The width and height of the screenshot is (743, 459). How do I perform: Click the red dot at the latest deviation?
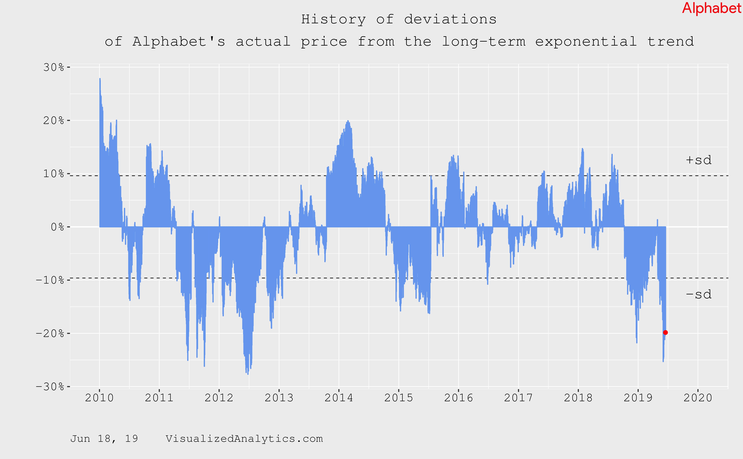tap(665, 332)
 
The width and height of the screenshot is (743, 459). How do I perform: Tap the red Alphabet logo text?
tap(711, 8)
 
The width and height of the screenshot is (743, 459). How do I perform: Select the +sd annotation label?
tap(698, 160)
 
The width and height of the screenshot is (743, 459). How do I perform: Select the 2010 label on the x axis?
tap(99, 398)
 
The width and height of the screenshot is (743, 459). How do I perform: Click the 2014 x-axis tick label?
tap(339, 398)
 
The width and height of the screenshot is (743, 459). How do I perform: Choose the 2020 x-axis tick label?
tap(698, 398)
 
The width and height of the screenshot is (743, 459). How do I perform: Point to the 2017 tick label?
tap(518, 398)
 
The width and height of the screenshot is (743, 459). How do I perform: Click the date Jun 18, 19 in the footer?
tap(104, 439)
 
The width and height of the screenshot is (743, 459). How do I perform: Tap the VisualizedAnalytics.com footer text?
tap(244, 439)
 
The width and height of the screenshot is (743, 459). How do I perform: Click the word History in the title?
tap(333, 19)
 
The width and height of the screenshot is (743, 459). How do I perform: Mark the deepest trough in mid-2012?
tap(248, 373)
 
